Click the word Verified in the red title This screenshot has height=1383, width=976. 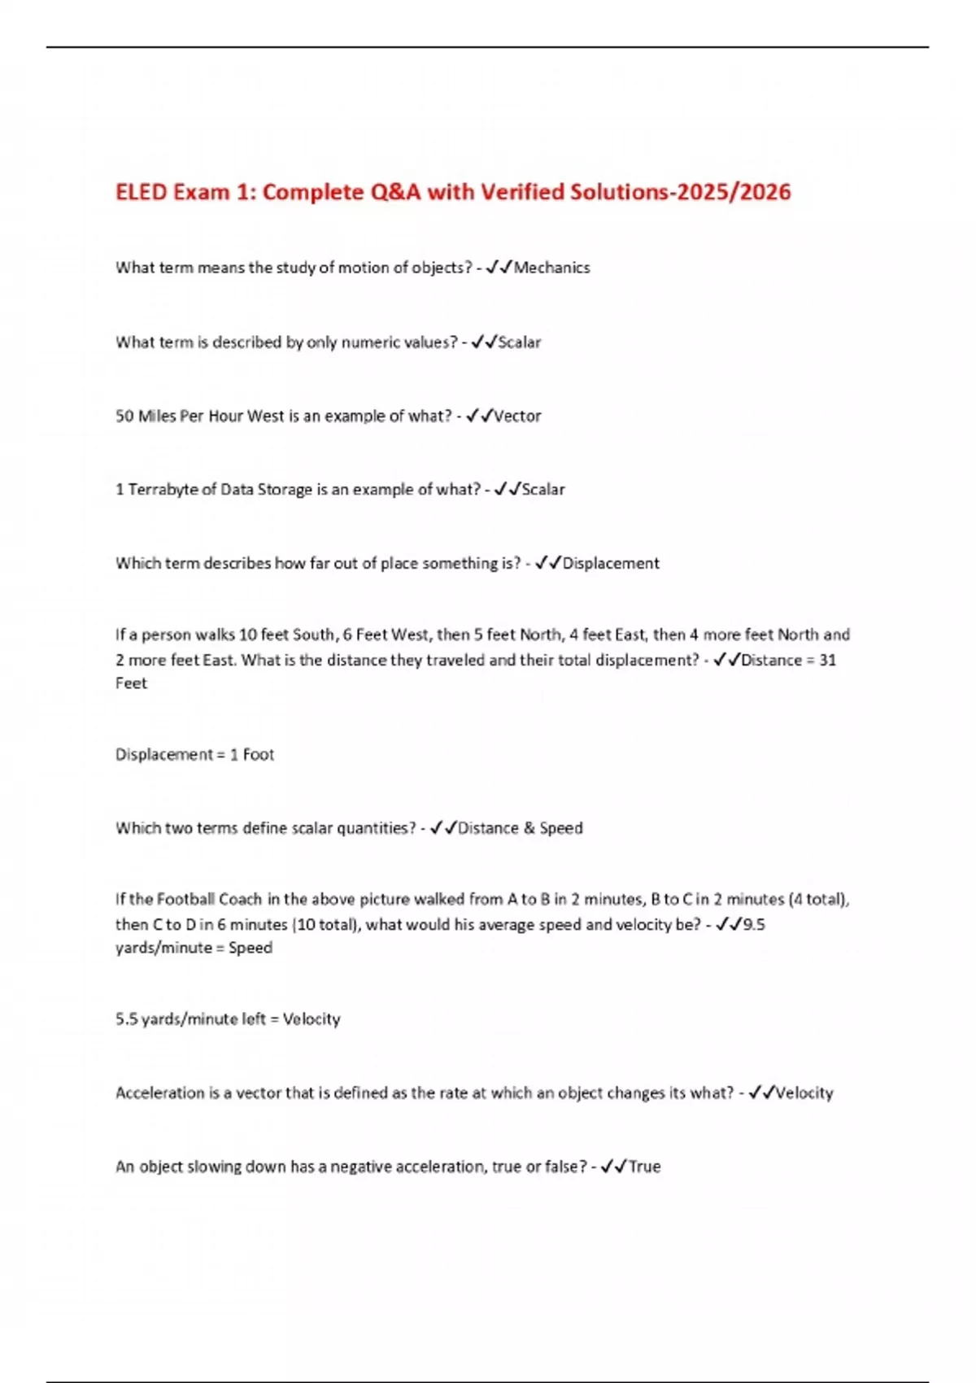[522, 192]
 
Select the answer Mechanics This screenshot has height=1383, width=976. [551, 268]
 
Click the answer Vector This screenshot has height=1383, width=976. [517, 417]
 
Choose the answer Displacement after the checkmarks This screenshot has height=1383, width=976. [611, 564]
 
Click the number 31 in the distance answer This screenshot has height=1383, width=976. [827, 660]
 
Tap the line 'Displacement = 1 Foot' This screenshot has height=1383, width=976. [194, 755]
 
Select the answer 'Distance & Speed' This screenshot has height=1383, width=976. [521, 828]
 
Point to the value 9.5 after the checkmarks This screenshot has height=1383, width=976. [754, 924]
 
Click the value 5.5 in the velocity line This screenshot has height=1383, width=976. [127, 1019]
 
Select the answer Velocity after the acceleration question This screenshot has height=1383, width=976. [804, 1093]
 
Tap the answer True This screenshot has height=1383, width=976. [644, 1167]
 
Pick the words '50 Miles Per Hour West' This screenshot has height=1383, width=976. [199, 417]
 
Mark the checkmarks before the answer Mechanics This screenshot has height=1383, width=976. [499, 268]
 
